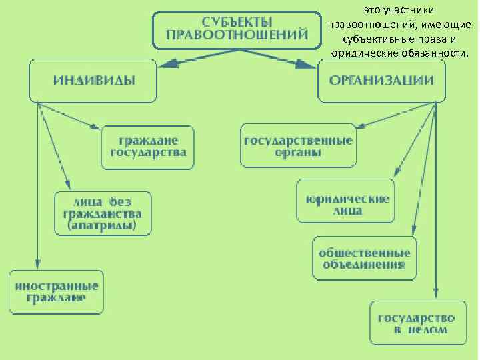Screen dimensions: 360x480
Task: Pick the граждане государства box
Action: (x=148, y=147)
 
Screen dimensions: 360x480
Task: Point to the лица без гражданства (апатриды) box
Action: (x=103, y=213)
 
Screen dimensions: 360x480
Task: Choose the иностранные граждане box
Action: (x=57, y=291)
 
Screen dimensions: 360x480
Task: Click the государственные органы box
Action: (x=297, y=145)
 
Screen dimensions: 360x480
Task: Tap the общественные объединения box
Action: (x=363, y=258)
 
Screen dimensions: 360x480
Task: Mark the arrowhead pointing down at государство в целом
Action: (x=435, y=296)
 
